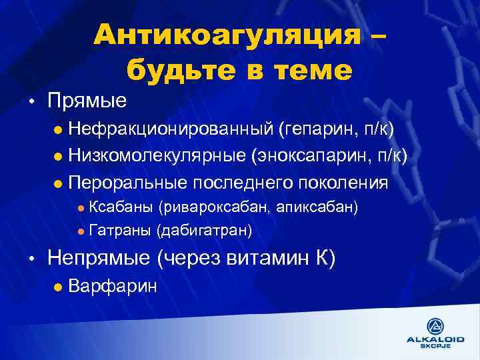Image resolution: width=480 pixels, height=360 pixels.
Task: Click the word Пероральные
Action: coord(128,182)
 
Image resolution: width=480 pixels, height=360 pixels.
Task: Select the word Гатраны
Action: coord(119,231)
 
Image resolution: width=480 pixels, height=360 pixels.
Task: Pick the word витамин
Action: coord(259,258)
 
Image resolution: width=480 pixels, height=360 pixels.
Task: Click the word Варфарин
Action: coord(113,287)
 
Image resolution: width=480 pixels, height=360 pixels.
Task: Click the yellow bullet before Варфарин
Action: coord(58,287)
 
